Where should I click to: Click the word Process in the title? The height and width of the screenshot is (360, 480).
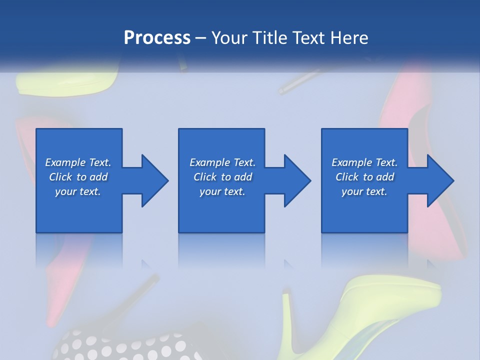(x=157, y=38)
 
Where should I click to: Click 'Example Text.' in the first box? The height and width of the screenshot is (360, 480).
(x=78, y=162)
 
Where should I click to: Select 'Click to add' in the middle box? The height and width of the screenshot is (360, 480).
(x=222, y=177)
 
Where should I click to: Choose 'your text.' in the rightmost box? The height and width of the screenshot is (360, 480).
(x=364, y=191)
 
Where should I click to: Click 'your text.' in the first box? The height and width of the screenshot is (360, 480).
(x=78, y=191)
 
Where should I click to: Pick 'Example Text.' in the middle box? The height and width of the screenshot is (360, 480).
(x=222, y=162)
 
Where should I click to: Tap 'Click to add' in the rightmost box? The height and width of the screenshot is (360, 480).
(x=364, y=177)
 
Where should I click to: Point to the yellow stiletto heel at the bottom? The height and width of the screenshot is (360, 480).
(x=370, y=310)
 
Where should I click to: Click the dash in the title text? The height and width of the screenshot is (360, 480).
(x=201, y=38)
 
